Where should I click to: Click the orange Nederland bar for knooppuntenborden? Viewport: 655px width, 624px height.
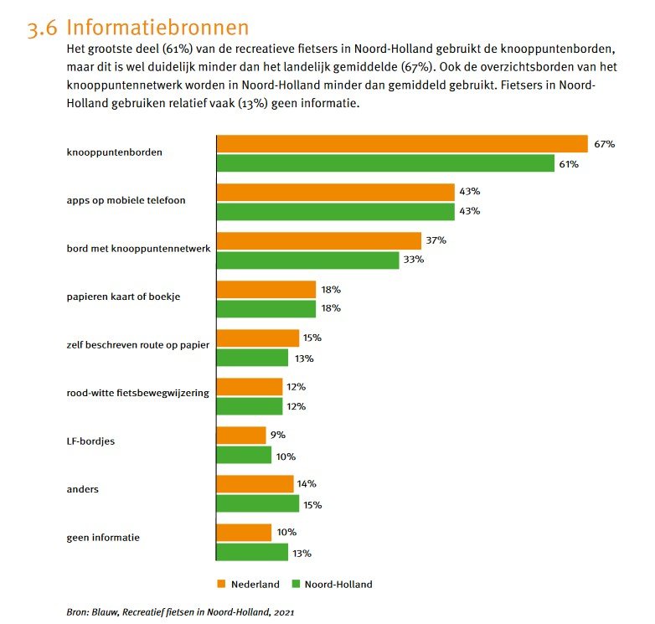click(402, 143)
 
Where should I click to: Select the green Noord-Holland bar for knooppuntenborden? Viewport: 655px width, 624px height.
click(385, 163)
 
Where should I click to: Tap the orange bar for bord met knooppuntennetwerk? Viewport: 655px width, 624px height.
click(318, 240)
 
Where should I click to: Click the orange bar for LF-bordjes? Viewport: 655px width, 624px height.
click(241, 436)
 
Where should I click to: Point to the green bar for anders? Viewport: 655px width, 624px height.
click(257, 504)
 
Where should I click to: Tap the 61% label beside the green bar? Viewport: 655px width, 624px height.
click(570, 164)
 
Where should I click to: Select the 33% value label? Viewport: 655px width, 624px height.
click(414, 260)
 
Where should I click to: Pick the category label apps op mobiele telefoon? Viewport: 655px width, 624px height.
click(126, 201)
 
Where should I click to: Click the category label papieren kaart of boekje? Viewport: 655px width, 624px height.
click(124, 297)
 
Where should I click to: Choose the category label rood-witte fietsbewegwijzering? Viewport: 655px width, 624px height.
click(138, 393)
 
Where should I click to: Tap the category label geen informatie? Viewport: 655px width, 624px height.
click(103, 538)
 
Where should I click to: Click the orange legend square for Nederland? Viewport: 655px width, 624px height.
click(222, 584)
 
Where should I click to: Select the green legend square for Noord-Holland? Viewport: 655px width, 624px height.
click(296, 584)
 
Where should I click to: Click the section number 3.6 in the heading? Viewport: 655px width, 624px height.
click(42, 30)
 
